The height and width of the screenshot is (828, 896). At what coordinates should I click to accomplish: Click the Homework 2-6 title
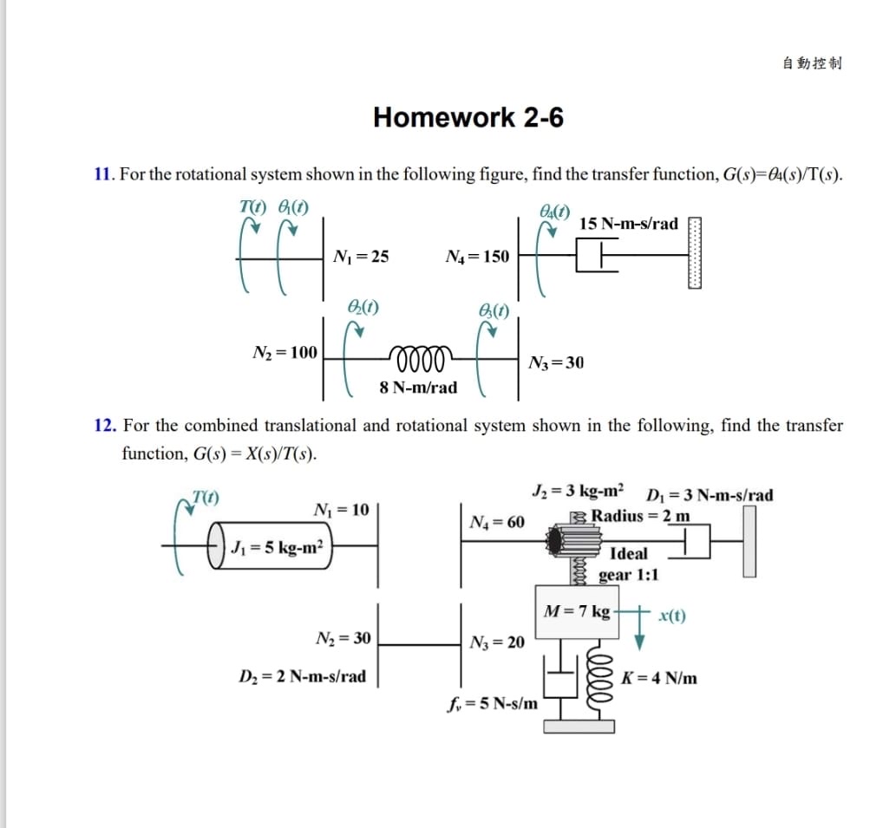click(468, 117)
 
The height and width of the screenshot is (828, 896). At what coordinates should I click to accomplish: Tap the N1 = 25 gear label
click(361, 256)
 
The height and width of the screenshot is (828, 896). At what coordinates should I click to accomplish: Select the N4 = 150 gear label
click(477, 256)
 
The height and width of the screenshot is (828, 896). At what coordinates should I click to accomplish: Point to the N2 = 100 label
click(284, 352)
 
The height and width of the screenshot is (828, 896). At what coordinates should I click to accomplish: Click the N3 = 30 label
click(556, 362)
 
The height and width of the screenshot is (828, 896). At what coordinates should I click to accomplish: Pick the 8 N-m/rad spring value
click(418, 388)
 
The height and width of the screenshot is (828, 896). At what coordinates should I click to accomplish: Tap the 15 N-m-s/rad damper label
click(629, 224)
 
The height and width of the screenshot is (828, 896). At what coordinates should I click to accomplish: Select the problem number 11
click(103, 174)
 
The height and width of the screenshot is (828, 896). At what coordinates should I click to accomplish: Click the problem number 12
click(104, 425)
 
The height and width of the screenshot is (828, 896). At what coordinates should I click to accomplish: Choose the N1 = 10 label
click(341, 509)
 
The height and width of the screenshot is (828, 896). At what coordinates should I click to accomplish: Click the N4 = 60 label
click(496, 522)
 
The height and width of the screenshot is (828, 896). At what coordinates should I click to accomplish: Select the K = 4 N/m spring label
click(659, 678)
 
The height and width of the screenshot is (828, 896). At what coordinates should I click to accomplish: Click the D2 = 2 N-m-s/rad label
click(303, 675)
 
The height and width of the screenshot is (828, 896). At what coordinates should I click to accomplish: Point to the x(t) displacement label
click(672, 616)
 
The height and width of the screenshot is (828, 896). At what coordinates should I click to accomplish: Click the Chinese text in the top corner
click(812, 62)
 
